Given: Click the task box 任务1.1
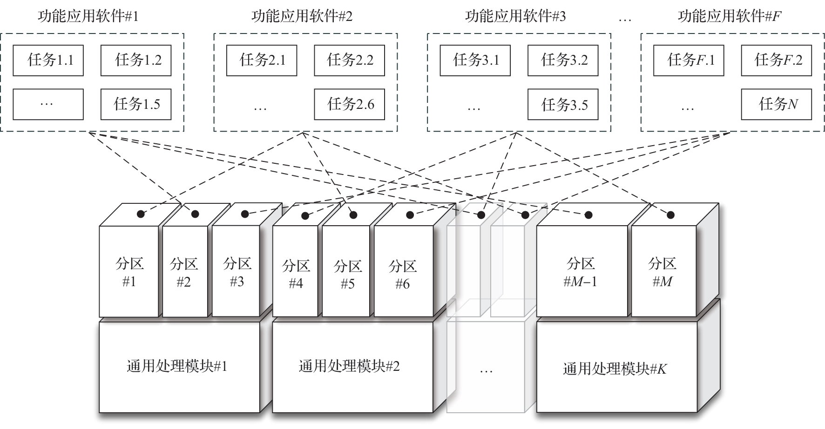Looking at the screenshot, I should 48,60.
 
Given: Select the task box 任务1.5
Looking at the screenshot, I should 136,104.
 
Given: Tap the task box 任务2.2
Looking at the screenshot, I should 349,60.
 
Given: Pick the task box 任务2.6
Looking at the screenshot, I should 349,104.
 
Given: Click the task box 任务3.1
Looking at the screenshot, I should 475,60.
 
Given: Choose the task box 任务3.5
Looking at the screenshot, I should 562,104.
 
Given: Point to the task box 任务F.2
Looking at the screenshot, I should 776,60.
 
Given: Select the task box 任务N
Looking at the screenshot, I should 776,104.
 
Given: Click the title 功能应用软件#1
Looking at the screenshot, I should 88,17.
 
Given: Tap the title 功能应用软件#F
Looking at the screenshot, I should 729,17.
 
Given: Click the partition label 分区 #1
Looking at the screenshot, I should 129,272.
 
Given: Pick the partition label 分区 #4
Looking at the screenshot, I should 296,275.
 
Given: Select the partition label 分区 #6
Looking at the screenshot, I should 402,275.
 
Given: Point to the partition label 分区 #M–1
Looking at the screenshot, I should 581,272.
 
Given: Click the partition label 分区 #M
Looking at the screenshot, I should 662,272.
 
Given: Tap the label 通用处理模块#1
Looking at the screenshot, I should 177,366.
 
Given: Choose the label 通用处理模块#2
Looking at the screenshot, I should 349,366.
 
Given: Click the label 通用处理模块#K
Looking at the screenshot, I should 615,369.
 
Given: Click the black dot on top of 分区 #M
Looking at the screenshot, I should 670,215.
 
